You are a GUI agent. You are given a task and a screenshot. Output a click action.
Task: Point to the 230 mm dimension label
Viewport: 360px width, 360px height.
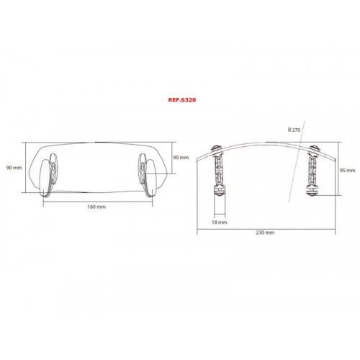(x=264, y=232)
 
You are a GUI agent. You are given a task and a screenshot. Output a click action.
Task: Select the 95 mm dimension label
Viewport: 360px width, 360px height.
(x=346, y=170)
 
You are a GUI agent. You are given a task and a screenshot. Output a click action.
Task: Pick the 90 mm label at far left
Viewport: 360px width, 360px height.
(x=12, y=168)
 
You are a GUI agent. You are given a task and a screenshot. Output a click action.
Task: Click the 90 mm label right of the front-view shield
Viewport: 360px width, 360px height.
(x=181, y=157)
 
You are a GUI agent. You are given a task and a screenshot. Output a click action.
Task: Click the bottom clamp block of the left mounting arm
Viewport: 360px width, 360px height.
(x=218, y=193)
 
